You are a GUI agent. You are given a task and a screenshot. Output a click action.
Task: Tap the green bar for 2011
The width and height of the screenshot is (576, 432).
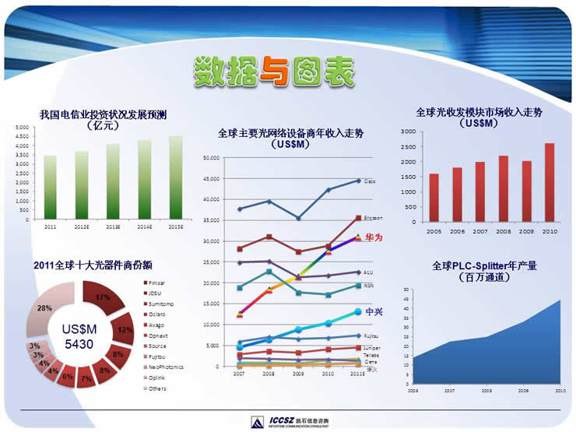coord(50,188)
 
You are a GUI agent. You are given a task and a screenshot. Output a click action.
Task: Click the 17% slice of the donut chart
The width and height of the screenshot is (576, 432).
coord(99,297)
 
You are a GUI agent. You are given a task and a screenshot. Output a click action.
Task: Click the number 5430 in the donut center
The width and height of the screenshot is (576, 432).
coord(76,343)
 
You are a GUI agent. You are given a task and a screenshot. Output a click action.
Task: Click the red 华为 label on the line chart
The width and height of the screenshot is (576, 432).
coord(373,237)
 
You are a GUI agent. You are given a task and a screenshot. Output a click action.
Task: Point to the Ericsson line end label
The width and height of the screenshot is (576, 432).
coord(373,218)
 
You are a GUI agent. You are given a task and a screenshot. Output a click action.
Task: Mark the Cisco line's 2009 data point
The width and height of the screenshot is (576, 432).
coord(298,218)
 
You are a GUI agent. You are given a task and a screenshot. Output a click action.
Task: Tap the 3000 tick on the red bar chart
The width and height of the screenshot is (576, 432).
coord(408,132)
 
